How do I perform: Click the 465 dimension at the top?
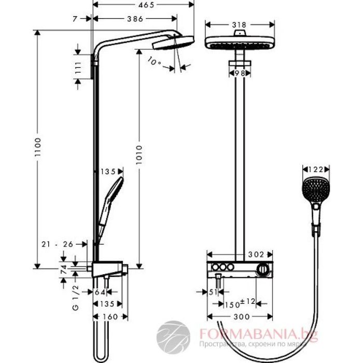[x=146, y=5]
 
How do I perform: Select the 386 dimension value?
[x=135, y=19]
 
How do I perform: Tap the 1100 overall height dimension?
[x=38, y=147]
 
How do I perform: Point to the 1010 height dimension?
[x=139, y=155]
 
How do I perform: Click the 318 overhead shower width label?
[x=240, y=25]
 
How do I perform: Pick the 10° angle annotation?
[x=154, y=61]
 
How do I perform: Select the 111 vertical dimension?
[x=78, y=67]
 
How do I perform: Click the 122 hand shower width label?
[x=316, y=170]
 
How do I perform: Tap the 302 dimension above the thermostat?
[x=256, y=255]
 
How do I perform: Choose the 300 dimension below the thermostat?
[x=242, y=317]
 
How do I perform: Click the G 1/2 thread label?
[x=76, y=298]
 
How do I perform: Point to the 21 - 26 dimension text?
[x=57, y=244]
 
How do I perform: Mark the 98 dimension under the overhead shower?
[x=240, y=73]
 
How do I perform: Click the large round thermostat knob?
[x=262, y=269]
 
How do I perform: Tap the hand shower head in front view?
[x=315, y=190]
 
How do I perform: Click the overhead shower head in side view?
[x=173, y=43]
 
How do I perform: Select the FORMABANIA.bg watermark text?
[x=258, y=334]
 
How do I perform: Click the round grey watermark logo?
[x=173, y=337]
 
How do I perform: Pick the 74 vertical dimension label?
[x=63, y=270]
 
